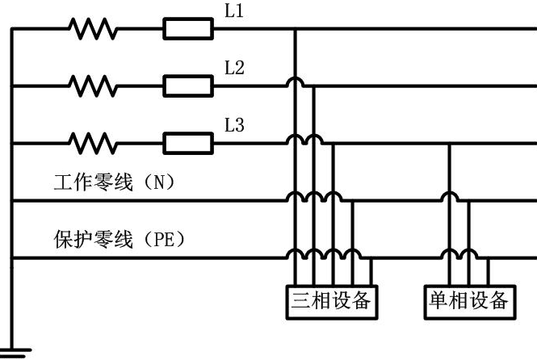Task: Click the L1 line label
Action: click(x=234, y=10)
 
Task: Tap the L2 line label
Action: click(x=234, y=68)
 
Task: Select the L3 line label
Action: click(x=234, y=124)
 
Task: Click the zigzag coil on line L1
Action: click(x=93, y=29)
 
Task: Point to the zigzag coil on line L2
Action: click(x=93, y=86)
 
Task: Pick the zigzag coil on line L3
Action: click(x=93, y=143)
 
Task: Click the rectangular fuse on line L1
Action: click(x=188, y=29)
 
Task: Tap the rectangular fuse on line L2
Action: click(x=188, y=86)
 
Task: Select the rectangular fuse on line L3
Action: click(x=188, y=143)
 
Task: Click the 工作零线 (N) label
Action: click(x=114, y=182)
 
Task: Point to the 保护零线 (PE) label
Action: click(x=120, y=239)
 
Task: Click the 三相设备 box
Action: click(x=332, y=302)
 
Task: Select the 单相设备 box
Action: click(x=470, y=302)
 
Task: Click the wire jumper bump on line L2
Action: click(x=296, y=82)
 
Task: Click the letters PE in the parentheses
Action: click(x=165, y=239)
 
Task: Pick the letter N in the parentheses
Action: click(x=159, y=182)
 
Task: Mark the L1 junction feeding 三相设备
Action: click(x=296, y=29)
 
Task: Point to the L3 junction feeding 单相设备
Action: click(x=450, y=144)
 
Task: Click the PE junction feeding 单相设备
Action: click(x=489, y=258)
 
